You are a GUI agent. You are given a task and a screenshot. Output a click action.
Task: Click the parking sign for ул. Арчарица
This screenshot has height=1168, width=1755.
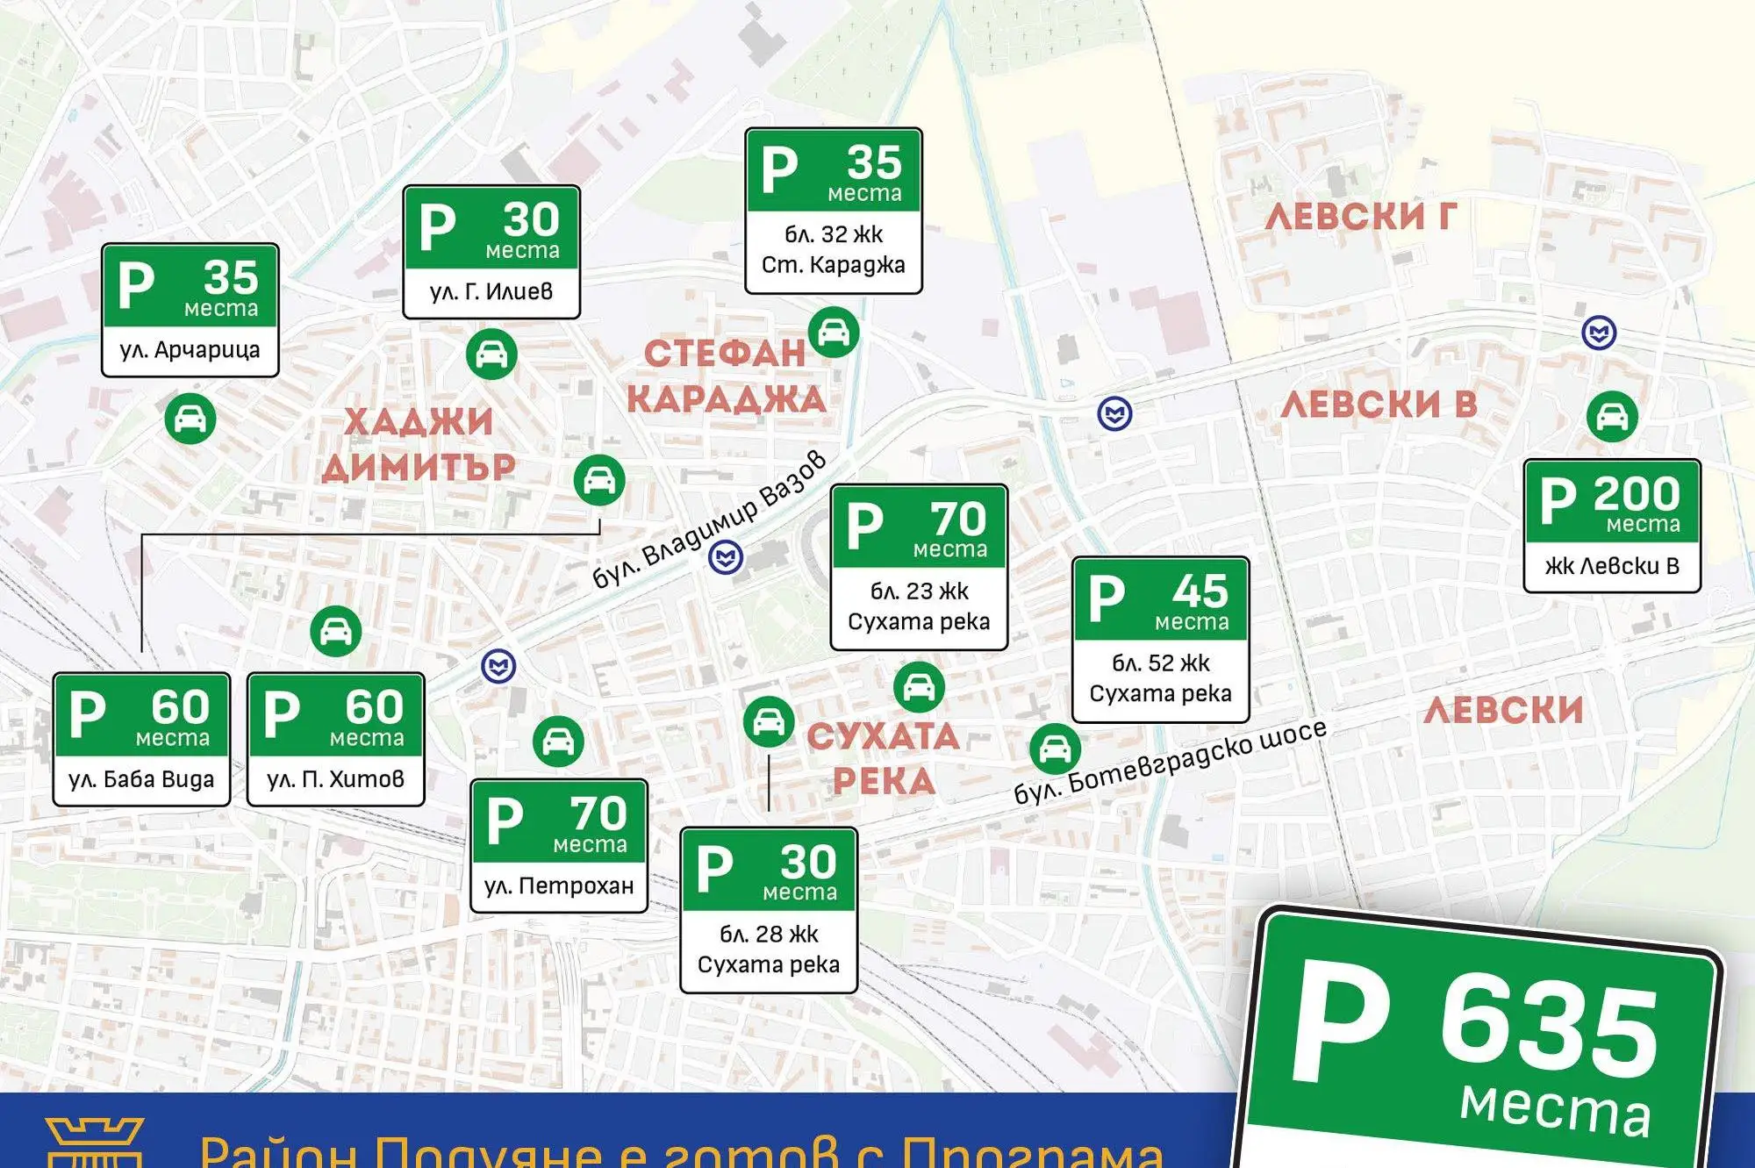[x=190, y=310]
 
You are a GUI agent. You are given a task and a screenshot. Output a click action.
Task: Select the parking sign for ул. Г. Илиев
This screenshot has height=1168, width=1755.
[x=491, y=252]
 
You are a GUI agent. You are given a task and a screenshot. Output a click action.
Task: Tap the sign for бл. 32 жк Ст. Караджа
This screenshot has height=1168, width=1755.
[x=834, y=211]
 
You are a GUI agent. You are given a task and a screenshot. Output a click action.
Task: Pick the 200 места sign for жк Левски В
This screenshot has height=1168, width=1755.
[x=1612, y=526]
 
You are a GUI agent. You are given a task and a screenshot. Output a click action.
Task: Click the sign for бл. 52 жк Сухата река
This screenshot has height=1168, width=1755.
[x=1160, y=639]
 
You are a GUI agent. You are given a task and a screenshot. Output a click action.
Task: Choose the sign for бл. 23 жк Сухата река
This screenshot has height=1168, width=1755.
[x=919, y=567]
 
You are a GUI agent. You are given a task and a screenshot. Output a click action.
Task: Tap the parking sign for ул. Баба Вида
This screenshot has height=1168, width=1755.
[x=141, y=739]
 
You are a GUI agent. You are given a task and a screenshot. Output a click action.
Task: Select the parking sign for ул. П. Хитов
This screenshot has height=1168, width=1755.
[x=336, y=739]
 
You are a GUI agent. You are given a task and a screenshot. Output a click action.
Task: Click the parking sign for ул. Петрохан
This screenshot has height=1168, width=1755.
[x=559, y=846]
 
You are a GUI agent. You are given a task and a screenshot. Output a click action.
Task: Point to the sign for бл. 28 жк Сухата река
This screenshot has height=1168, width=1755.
[x=769, y=910]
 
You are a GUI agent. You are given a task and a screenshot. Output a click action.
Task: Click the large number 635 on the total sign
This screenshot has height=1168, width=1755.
[x=1549, y=1027]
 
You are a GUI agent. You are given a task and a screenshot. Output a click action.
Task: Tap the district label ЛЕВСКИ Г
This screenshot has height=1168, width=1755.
[x=1360, y=217]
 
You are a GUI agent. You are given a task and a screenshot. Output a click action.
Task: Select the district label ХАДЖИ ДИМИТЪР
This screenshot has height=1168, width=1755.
[x=419, y=444]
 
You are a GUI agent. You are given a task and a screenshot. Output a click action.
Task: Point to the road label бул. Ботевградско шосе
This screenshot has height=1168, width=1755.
[x=1170, y=762]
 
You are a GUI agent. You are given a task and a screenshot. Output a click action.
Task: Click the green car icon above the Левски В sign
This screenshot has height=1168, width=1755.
[x=1612, y=416]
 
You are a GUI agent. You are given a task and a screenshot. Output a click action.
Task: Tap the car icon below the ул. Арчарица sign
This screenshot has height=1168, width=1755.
[x=190, y=419]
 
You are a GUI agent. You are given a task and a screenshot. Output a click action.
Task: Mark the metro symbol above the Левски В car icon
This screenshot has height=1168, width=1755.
[x=1599, y=333]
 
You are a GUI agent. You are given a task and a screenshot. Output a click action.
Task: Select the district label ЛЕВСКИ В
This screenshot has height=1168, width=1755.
[x=1379, y=405]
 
